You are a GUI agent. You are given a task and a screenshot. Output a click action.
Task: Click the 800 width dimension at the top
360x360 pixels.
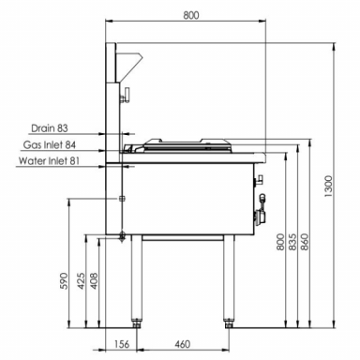click(x=191, y=15)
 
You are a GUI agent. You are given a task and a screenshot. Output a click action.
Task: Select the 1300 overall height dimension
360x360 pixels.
click(x=329, y=187)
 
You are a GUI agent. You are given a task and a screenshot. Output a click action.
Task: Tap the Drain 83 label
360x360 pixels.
click(x=50, y=128)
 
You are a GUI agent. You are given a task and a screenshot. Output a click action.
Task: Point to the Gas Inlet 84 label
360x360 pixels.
click(x=50, y=145)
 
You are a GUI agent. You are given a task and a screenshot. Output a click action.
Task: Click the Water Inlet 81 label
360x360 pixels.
click(x=49, y=161)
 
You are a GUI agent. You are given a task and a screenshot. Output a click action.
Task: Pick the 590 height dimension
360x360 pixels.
click(x=64, y=281)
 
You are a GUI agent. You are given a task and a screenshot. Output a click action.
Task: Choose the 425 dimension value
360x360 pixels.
click(x=81, y=281)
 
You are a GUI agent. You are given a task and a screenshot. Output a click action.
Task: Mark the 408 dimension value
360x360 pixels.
click(x=94, y=281)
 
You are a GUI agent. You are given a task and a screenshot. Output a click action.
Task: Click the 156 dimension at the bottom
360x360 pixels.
click(x=121, y=344)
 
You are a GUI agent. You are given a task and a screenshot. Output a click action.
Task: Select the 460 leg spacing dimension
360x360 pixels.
click(x=182, y=344)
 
